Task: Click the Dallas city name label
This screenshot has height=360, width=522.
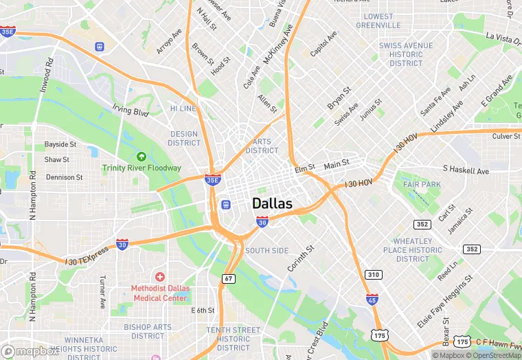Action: coord(272,204)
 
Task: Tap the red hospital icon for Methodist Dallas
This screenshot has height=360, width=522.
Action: coord(160,277)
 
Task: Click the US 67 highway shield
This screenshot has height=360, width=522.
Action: coord(228,278)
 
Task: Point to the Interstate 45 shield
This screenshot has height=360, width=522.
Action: coord(372,300)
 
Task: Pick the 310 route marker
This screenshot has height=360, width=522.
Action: coord(373,275)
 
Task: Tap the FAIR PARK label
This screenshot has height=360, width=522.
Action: coord(422,185)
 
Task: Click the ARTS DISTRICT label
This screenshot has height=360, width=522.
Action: coord(262,146)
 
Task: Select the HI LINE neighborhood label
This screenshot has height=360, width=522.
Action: coord(183,109)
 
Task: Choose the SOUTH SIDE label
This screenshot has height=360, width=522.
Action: coord(266,251)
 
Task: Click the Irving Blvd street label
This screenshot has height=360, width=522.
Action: coord(130,110)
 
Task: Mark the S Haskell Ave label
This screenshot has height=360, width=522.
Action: coord(466,170)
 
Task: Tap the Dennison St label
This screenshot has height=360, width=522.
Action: coord(65,177)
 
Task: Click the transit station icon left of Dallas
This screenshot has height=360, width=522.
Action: coord(225,205)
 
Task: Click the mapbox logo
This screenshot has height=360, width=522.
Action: coord(30,351)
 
